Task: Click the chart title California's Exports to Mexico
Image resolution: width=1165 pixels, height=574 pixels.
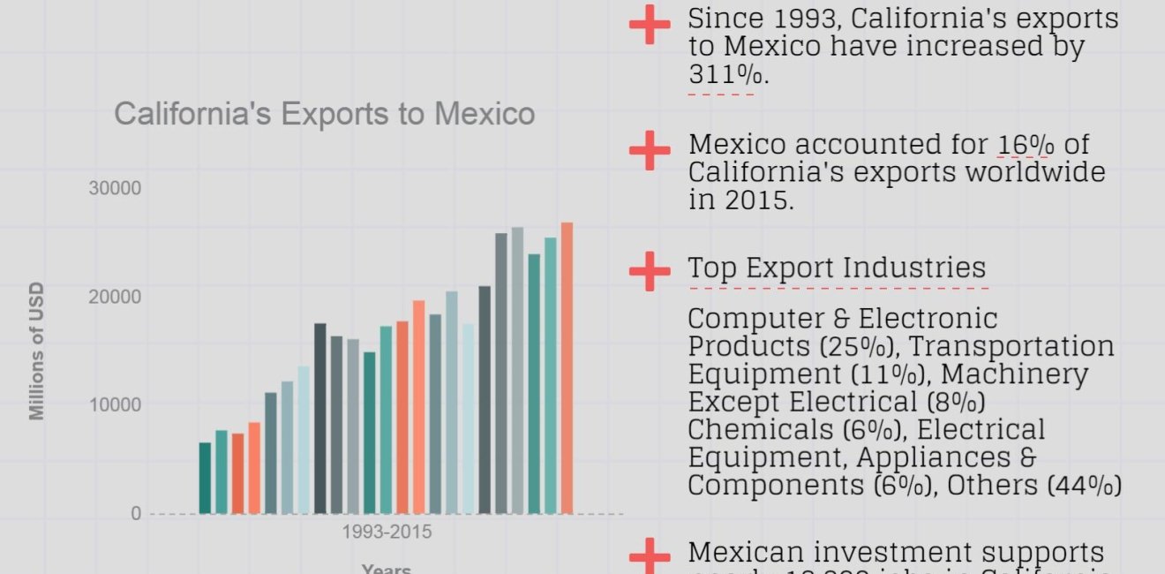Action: [x=325, y=114]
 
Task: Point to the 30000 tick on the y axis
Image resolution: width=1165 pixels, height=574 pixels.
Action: [x=115, y=188]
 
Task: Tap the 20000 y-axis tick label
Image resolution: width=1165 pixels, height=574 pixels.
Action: [x=115, y=297]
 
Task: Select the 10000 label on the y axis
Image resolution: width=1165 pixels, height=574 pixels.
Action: [x=115, y=405]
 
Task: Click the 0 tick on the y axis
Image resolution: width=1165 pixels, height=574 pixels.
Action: [x=135, y=514]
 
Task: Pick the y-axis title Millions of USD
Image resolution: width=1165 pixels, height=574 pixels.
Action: [x=37, y=351]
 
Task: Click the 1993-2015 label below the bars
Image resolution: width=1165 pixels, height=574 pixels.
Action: [x=387, y=532]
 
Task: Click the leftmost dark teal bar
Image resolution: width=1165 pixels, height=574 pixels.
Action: [x=205, y=478]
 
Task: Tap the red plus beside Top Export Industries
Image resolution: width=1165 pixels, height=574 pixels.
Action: [x=650, y=268]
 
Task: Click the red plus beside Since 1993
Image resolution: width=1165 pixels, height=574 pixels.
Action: [x=650, y=24]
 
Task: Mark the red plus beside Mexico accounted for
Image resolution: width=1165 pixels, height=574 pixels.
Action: [x=650, y=149]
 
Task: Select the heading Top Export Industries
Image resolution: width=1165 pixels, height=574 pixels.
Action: [x=837, y=268]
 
